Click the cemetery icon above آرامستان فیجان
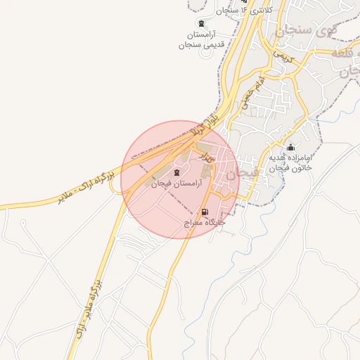coord(176,173)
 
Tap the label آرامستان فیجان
coord(176,184)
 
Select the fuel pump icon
coord(205,212)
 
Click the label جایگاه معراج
coord(204,222)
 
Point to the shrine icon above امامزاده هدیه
coord(290,147)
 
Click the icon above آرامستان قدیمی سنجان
coord(203,24)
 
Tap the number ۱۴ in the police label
coord(243,9)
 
